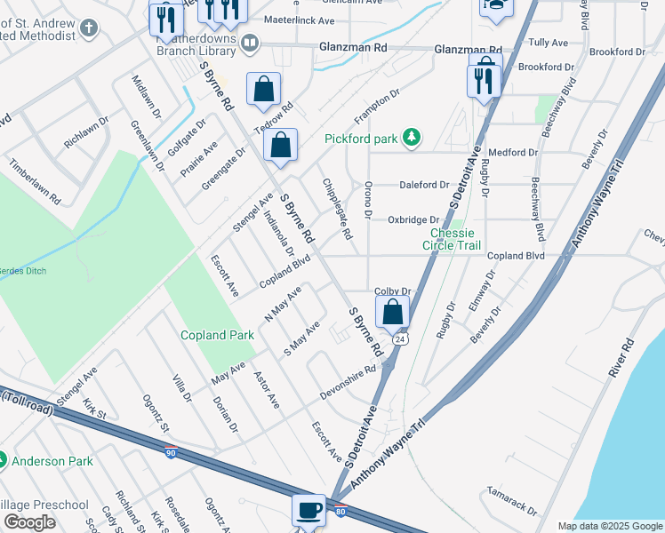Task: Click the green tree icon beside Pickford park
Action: [x=411, y=138]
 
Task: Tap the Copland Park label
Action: [x=217, y=335]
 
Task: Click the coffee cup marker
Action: [x=308, y=510]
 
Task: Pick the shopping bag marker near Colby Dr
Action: [x=392, y=312]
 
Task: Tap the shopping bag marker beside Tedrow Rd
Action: [x=264, y=89]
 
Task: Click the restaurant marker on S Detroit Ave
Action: [x=484, y=81]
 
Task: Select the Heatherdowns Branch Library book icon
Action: [x=250, y=42]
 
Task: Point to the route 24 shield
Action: [x=401, y=339]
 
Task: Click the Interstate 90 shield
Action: [x=170, y=453]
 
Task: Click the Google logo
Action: [x=28, y=522]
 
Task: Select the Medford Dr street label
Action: [x=513, y=152]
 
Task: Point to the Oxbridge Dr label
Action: [x=413, y=219]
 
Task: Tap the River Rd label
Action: [x=621, y=358]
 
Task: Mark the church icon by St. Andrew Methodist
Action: [x=88, y=28]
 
